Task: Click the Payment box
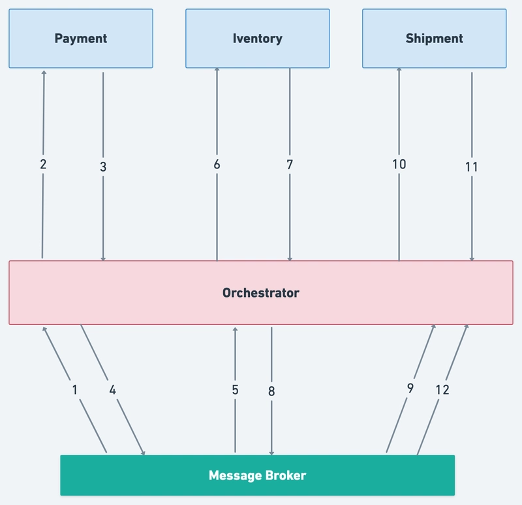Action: point(81,38)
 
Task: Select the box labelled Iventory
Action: point(258,38)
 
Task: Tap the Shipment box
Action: point(435,38)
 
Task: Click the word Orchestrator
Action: point(260,293)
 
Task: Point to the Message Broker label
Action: point(257,476)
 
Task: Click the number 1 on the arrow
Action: point(75,390)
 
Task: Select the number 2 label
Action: point(43,164)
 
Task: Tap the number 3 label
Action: point(103,167)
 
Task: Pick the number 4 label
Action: point(112,390)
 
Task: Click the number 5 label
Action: point(236,390)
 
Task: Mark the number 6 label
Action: point(217,164)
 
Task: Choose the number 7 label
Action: point(290,164)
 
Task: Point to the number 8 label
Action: point(271,391)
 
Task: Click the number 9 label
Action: point(410,388)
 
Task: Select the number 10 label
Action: point(399,164)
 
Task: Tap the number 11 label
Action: point(472,167)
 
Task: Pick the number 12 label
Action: point(442,390)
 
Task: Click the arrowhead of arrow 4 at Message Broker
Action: point(144,453)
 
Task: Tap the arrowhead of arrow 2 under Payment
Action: point(44,72)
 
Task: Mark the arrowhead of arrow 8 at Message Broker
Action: point(271,453)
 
